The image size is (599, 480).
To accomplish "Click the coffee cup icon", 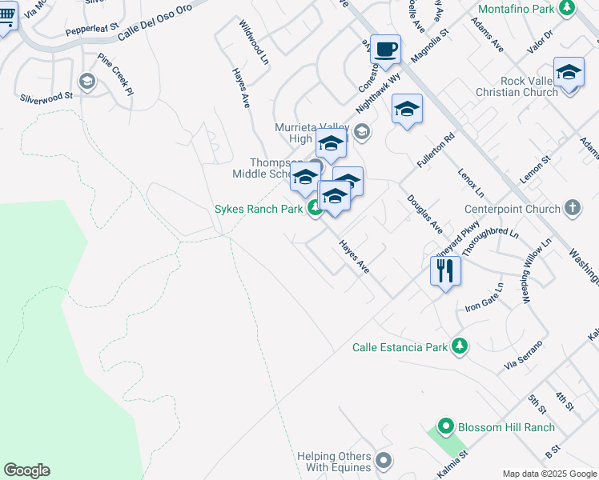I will [x=385, y=50].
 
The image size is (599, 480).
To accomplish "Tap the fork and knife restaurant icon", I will [x=446, y=270].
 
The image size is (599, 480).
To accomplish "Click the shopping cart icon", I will [x=5, y=17].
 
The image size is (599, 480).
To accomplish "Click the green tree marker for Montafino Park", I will [x=567, y=8].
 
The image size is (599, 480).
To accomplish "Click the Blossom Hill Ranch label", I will [x=507, y=427].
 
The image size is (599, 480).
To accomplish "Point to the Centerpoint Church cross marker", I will [x=572, y=209].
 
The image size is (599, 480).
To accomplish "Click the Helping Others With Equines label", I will [x=334, y=462].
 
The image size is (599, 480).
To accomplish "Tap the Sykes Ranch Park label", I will [x=259, y=210].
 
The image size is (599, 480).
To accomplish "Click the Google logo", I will [x=26, y=470].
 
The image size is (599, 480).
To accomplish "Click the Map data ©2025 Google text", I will [x=549, y=474].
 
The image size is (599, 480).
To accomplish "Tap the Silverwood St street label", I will [x=46, y=95].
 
